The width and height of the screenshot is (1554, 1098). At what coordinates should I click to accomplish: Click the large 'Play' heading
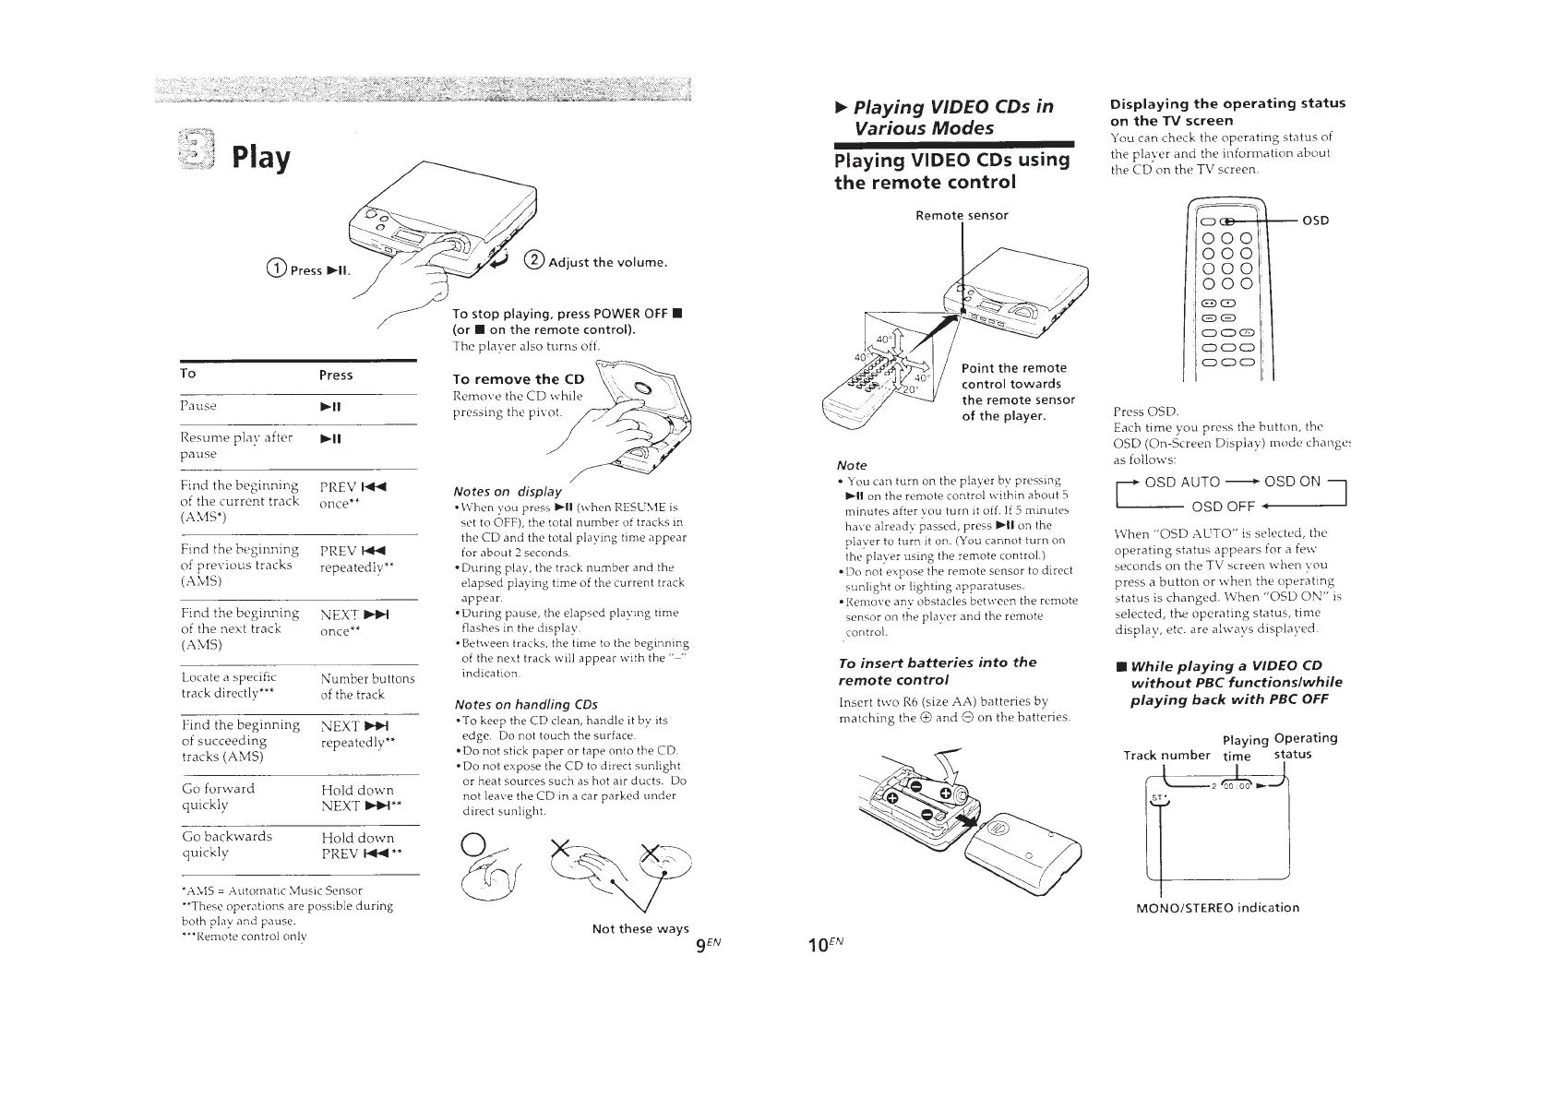tap(261, 157)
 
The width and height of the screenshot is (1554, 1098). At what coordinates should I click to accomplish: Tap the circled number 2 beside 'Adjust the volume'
tap(533, 260)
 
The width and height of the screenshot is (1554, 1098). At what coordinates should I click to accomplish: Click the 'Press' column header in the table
tap(336, 375)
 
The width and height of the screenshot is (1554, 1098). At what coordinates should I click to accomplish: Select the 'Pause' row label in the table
tap(198, 406)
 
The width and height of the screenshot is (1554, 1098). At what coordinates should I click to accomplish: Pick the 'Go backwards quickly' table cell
tap(227, 843)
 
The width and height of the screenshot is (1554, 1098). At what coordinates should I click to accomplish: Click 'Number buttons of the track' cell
tap(367, 686)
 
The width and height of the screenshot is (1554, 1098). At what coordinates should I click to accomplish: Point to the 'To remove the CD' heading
tap(519, 379)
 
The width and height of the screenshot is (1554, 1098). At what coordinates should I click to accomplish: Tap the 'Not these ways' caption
tap(640, 928)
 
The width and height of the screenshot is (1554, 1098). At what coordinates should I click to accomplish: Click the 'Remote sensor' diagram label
tap(962, 215)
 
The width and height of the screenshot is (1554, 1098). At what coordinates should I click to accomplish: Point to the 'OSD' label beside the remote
tap(1316, 221)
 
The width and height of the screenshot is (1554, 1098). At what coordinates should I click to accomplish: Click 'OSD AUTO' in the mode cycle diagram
tap(1182, 482)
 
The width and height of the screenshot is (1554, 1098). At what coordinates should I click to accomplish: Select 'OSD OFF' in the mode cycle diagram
tap(1223, 507)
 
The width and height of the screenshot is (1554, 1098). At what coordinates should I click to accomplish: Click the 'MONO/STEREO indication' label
tap(1217, 907)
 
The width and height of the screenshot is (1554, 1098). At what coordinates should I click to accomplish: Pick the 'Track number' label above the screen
tap(1166, 755)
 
